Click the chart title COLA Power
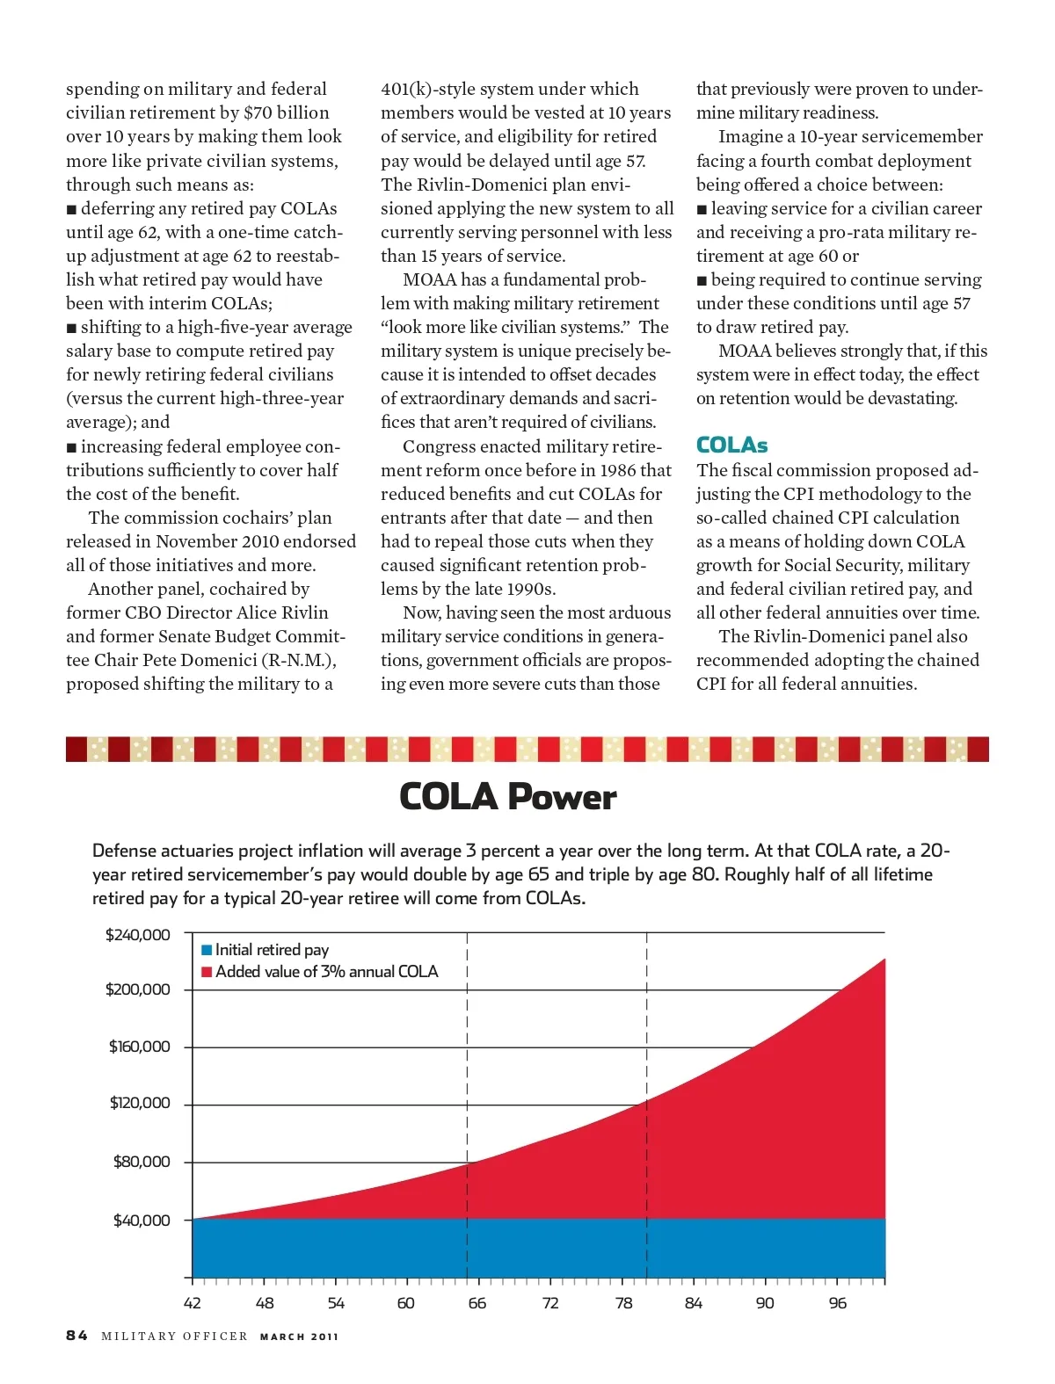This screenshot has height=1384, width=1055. pos(507,797)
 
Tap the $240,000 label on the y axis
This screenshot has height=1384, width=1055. pos(138,934)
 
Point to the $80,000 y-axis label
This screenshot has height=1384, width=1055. pos(142,1162)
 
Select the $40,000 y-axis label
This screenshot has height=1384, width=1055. pos(142,1220)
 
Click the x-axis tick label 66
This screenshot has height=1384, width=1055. pos(477,1302)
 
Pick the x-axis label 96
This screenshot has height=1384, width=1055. pos(837,1302)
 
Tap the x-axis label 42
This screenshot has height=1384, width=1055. pos(192,1302)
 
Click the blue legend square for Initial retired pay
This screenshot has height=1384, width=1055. pos(207,950)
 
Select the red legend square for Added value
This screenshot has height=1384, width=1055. pos(207,972)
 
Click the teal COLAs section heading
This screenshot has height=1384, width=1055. pos(731,445)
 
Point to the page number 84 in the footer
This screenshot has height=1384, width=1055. pos(76,1336)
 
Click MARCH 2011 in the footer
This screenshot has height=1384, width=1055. pos(299,1337)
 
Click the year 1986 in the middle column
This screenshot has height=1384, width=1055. pos(618,470)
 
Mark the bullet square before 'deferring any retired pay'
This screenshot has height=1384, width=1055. pos(71,209)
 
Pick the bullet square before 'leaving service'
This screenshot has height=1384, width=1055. pos(702,209)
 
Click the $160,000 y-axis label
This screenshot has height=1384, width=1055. pos(139,1047)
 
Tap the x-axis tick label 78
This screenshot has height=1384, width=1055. pos(623,1302)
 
